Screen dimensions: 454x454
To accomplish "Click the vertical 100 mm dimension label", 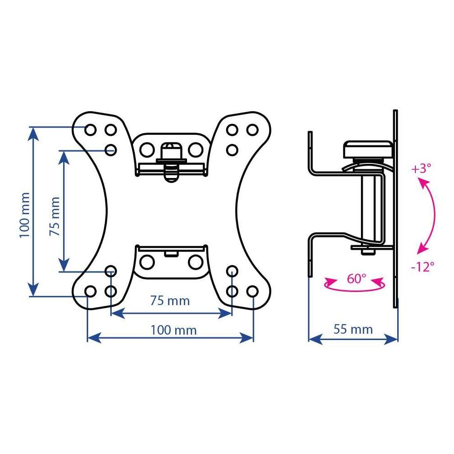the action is [x=25, y=215].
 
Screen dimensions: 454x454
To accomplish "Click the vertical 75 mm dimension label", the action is [x=55, y=216].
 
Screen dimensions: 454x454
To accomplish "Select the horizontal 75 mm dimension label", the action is [x=170, y=301].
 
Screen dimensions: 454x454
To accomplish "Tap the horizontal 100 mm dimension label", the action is [x=173, y=330].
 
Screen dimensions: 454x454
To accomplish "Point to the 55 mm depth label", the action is [x=353, y=329].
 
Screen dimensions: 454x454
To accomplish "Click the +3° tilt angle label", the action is [x=421, y=168].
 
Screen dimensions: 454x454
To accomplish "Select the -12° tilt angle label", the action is [x=423, y=266].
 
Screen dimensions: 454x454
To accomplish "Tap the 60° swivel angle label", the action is [x=356, y=279].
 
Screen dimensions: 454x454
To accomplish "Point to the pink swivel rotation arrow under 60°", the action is [x=355, y=289].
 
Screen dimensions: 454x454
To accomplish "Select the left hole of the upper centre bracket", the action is [x=147, y=150].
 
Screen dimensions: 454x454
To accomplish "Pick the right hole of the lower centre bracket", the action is [x=195, y=262].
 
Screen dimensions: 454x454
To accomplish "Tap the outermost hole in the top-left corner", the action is [x=90, y=130].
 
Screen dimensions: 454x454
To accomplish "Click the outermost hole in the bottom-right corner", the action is [x=252, y=291].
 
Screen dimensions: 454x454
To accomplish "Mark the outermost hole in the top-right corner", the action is [x=252, y=130].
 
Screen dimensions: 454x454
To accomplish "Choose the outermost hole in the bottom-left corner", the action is [x=90, y=291].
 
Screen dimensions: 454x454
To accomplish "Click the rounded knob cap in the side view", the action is [x=368, y=149].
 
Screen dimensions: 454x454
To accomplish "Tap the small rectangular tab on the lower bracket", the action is [x=171, y=254].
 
